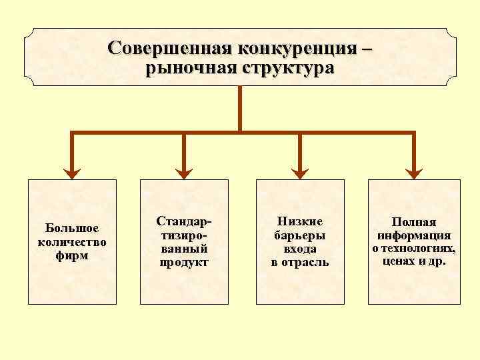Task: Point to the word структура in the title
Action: point(287,68)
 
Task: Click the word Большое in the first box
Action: point(72,229)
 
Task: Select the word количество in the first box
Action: point(72,241)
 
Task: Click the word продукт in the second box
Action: point(184,262)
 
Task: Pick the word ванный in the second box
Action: point(184,249)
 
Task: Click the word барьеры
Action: point(300,235)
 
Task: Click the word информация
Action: point(414,235)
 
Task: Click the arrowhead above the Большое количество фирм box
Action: point(72,173)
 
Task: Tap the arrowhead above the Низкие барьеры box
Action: point(300,173)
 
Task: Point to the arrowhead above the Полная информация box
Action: point(414,173)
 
